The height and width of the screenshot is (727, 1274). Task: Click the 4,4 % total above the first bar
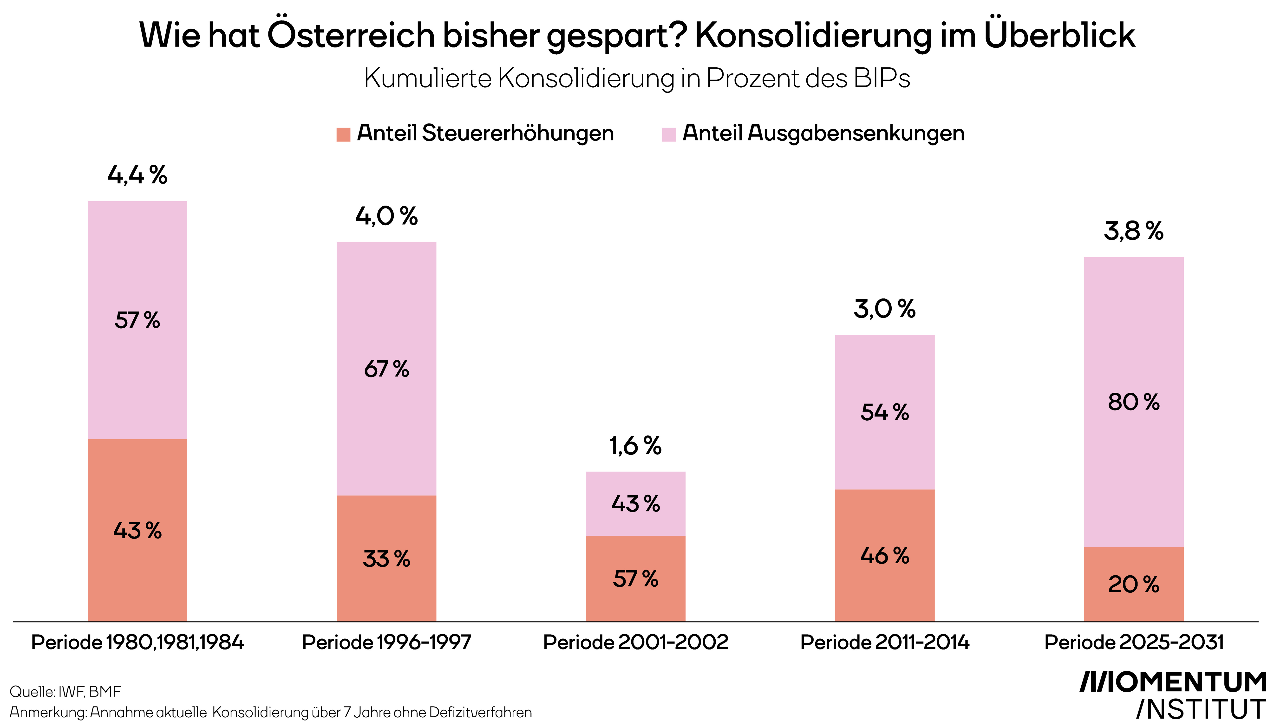point(137,175)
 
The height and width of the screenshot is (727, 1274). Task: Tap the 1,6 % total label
point(635,446)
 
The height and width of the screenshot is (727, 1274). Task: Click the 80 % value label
point(1134,402)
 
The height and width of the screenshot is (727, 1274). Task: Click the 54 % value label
point(884,412)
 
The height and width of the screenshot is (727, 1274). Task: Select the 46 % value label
point(884,556)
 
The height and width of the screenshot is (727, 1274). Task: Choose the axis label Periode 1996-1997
point(386,642)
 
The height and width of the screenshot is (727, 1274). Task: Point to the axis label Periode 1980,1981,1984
point(137,642)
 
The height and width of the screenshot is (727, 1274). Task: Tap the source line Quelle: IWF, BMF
point(65,692)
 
